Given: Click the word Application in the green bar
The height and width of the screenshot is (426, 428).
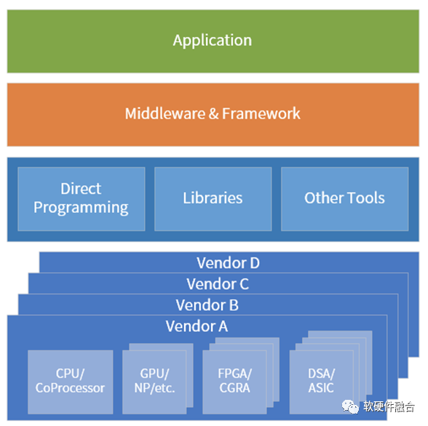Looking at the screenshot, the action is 213,41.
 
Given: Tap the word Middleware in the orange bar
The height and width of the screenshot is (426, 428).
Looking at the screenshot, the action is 165,113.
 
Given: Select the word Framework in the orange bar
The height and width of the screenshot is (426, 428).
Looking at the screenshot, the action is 261,113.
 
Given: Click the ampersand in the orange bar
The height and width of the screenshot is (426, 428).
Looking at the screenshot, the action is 214,113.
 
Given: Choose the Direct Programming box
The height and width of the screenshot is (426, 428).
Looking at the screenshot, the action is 82,199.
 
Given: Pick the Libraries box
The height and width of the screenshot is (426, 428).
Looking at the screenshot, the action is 213,199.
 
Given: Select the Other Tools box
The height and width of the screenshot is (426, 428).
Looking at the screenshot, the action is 345,199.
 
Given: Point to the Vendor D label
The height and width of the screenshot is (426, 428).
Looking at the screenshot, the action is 229,262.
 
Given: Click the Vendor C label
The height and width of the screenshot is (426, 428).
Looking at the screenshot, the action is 218,284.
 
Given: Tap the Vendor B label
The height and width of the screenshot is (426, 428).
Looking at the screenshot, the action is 207,305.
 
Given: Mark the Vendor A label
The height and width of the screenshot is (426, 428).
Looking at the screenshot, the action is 197,326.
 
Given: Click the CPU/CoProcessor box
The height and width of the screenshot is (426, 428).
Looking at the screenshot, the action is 71,382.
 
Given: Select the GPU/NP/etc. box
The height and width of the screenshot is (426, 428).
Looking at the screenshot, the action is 154,382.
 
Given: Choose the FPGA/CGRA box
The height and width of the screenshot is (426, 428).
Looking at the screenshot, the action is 234,382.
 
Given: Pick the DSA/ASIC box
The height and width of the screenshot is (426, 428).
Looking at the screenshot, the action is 322,382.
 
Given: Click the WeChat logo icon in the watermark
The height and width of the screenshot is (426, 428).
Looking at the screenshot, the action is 351,406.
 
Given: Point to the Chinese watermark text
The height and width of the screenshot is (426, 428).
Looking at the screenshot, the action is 389,407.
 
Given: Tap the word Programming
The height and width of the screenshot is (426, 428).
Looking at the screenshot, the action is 81,208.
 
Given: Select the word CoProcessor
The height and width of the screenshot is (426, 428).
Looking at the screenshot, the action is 70,388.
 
